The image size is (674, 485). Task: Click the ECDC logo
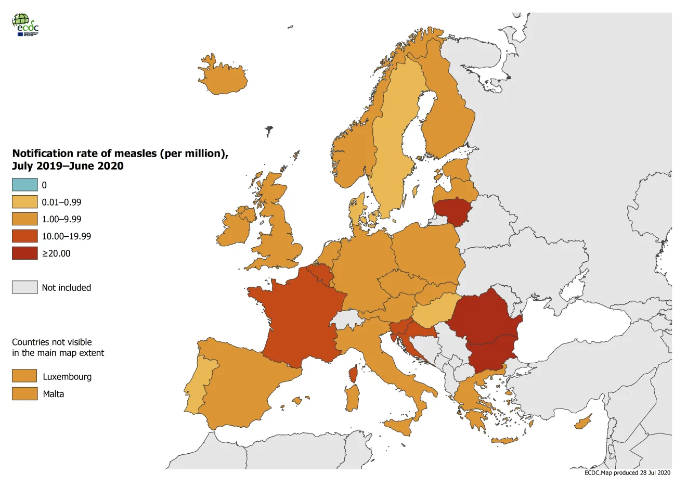[25, 24]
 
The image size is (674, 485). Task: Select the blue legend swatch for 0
[25, 185]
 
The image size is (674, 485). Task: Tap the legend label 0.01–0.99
[61, 202]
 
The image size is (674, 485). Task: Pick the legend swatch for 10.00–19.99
[25, 236]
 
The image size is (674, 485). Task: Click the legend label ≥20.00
[56, 253]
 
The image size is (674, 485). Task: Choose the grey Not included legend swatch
[25, 287]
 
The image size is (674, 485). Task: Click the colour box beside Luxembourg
[25, 376]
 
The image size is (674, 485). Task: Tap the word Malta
[54, 394]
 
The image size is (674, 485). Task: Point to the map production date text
[627, 473]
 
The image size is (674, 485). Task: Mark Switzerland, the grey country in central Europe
[346, 318]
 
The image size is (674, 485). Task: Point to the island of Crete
[504, 441]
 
